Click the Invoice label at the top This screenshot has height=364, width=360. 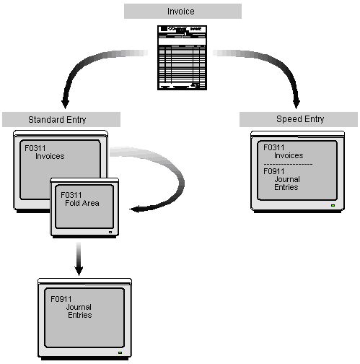(182, 11)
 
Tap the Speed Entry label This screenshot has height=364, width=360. (300, 118)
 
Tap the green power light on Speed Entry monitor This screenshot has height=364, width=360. (331, 206)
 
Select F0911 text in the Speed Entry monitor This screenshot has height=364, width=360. (274, 172)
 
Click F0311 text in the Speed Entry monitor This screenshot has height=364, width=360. (274, 147)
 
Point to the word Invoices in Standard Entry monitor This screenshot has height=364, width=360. (50, 156)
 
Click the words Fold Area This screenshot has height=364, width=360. (80, 203)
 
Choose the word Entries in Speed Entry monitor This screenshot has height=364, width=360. (288, 187)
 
